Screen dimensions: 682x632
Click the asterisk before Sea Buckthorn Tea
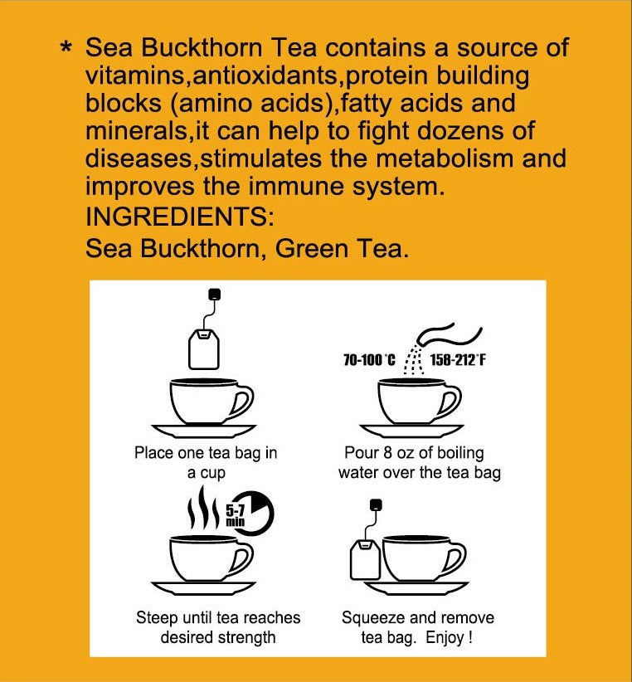pos(67,49)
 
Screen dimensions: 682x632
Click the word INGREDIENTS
pos(178,218)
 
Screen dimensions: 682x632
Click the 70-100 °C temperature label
pos(369,360)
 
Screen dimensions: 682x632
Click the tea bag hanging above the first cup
pos(204,348)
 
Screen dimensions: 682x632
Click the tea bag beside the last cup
pos(365,560)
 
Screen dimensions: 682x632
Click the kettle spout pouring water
pos(427,336)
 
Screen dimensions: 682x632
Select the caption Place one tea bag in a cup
pos(206,463)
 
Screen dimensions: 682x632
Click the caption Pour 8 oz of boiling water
pos(419,463)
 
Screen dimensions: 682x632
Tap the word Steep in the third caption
pos(155,618)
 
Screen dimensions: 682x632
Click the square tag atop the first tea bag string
pos(215,294)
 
